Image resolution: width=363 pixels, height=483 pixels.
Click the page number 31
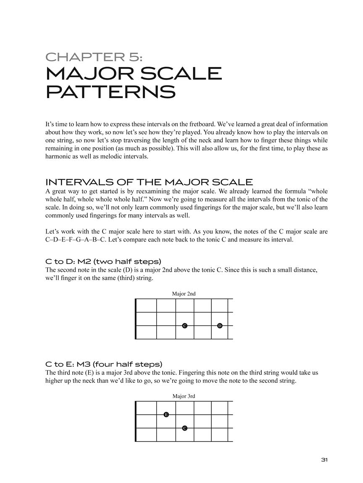click(x=324, y=460)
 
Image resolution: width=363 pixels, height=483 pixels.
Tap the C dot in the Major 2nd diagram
click(x=184, y=326)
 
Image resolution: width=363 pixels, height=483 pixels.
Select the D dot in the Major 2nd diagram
click(x=220, y=326)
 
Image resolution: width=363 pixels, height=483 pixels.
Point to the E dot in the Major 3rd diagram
click(x=166, y=415)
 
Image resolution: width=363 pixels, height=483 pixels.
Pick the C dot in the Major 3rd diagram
click(x=184, y=428)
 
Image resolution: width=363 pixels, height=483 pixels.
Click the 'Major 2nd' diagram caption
click(x=184, y=294)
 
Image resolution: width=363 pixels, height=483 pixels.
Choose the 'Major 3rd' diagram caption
click(x=184, y=396)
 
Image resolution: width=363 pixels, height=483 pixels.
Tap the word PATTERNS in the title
click(x=110, y=91)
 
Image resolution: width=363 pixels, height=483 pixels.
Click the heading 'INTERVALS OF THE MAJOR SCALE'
click(x=149, y=182)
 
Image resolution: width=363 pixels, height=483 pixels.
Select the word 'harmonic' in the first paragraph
click(x=58, y=156)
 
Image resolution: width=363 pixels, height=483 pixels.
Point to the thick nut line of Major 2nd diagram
click(x=136, y=319)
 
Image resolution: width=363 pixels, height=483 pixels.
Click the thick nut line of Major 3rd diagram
click(x=136, y=421)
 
